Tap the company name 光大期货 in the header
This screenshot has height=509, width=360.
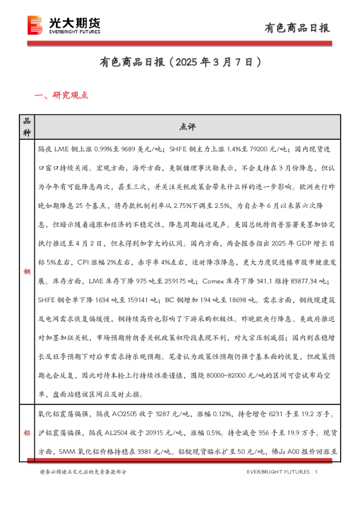74,22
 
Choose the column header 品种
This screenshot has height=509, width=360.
26,126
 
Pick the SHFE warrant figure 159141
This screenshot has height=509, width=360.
134,299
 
